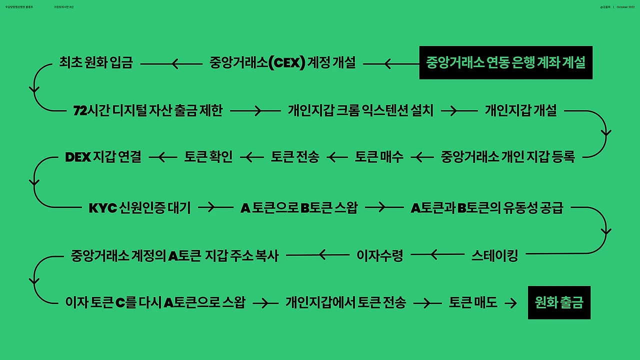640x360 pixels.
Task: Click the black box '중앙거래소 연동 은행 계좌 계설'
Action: point(505,63)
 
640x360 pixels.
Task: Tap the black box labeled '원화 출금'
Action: point(559,302)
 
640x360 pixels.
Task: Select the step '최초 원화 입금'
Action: point(95,63)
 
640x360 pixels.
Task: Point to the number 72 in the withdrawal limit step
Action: point(80,110)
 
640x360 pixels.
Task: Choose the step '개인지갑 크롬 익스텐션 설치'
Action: point(360,110)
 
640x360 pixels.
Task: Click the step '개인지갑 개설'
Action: point(520,110)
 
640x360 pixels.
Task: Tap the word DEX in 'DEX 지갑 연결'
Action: point(78,157)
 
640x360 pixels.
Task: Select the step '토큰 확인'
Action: point(208,157)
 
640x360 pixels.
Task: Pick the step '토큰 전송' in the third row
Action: point(295,157)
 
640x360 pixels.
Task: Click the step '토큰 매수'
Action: point(379,157)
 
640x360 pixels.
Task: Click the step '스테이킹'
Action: point(494,255)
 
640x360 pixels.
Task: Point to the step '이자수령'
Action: point(379,255)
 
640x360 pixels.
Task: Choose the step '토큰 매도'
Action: point(473,302)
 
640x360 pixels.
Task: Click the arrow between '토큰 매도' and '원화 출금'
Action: point(511,303)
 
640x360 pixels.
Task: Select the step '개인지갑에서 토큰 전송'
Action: point(345,302)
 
